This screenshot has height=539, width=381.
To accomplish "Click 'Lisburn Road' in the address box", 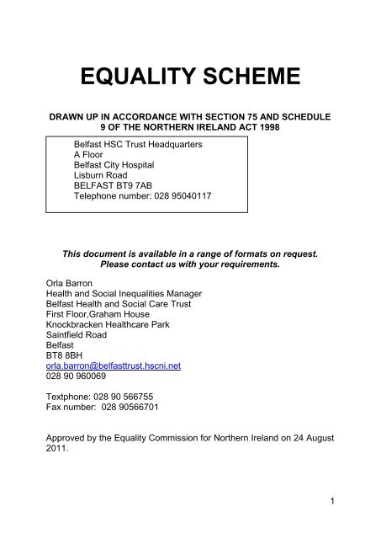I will [x=103, y=180].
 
